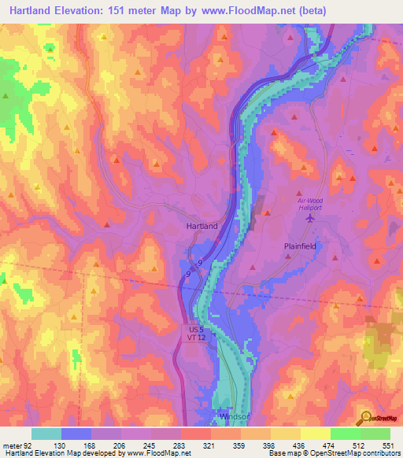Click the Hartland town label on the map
201,226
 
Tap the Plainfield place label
299,246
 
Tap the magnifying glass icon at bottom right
366,417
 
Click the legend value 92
27,445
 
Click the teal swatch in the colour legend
46,434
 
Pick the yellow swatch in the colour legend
315,434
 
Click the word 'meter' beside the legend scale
12,445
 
